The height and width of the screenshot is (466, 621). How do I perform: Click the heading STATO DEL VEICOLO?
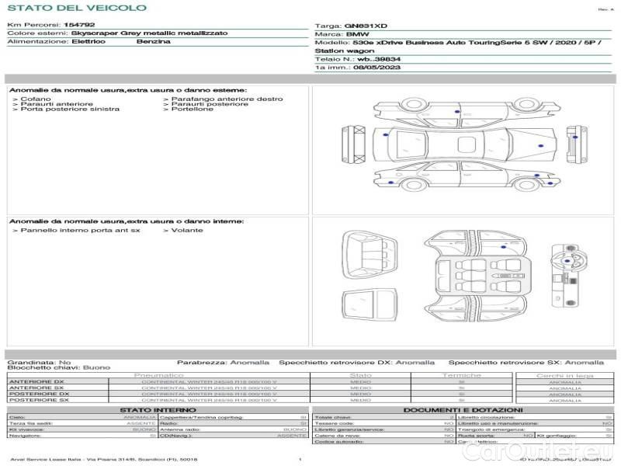click(x=76, y=8)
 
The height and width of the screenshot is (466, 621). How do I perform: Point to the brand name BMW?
click(x=357, y=35)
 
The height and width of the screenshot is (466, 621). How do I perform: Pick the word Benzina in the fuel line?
click(x=153, y=41)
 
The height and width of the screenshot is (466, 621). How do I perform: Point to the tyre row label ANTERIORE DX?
click(x=36, y=381)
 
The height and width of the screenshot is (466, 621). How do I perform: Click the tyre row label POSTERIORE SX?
click(x=36, y=400)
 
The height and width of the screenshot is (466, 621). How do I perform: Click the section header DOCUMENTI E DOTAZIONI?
click(x=463, y=410)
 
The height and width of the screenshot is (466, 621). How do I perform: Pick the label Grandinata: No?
click(x=39, y=362)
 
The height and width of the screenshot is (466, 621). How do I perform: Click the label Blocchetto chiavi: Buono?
click(x=58, y=367)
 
